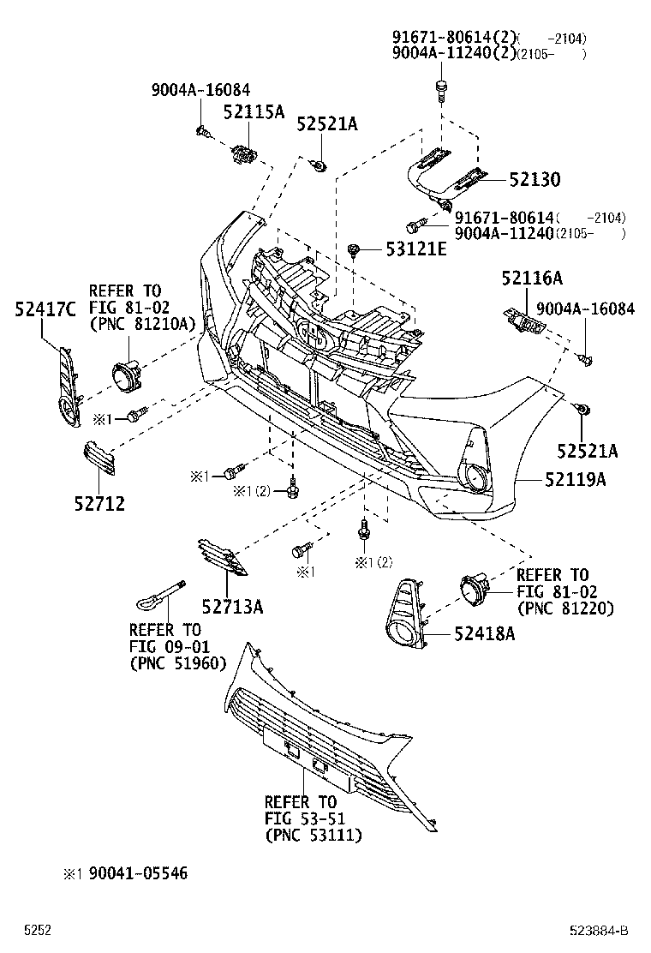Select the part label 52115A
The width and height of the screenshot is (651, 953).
(254, 111)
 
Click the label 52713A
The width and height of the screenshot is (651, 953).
(232, 608)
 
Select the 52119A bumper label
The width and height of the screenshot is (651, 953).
(573, 480)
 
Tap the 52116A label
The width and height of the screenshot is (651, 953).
(532, 278)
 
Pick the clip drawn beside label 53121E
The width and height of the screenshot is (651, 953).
(353, 250)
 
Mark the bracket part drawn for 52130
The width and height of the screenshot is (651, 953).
(445, 176)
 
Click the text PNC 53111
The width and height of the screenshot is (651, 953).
(313, 835)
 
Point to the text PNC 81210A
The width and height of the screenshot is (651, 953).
(142, 322)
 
